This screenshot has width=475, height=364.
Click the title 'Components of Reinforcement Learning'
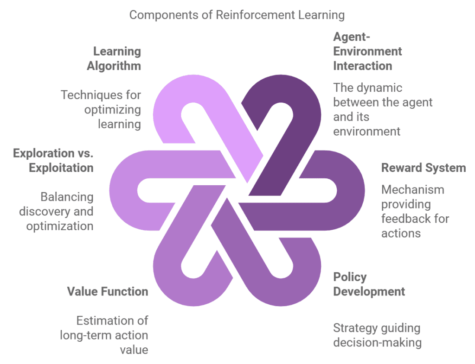[237, 15]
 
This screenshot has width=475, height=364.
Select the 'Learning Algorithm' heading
[114, 58]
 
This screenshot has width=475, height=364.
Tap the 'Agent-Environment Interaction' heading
[367, 51]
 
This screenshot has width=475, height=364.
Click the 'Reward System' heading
[423, 168]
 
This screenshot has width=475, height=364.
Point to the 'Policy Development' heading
[369, 284]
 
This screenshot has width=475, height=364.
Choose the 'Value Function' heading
[108, 291]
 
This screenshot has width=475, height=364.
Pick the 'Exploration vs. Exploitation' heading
[53, 160]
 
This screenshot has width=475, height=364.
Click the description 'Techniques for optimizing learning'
[101, 109]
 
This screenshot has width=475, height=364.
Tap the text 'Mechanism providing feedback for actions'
[415, 211]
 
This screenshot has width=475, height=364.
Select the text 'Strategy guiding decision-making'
[377, 335]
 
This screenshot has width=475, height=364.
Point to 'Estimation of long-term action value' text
[104, 335]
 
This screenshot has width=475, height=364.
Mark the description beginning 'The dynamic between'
[382, 109]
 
